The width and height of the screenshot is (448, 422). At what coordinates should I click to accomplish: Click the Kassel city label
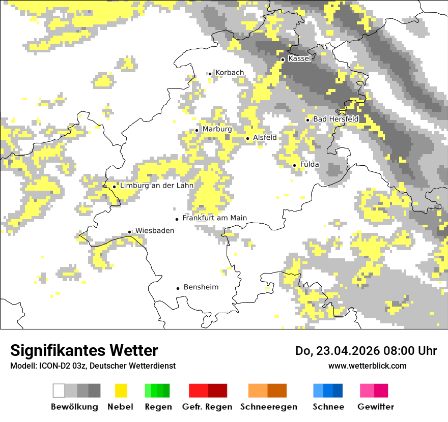tap(299, 58)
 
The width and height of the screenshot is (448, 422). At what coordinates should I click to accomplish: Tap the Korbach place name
tap(230, 73)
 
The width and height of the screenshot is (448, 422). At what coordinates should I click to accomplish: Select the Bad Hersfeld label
tap(335, 119)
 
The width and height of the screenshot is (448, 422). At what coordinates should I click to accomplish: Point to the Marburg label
tap(217, 129)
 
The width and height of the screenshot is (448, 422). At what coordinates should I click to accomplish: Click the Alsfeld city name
tap(265, 137)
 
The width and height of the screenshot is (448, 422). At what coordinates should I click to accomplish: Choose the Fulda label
tap(310, 164)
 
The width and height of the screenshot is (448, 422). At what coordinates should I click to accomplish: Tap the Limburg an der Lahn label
tap(157, 186)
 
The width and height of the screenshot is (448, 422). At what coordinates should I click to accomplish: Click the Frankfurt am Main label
tap(214, 218)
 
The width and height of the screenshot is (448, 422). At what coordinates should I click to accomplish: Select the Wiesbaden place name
tap(155, 231)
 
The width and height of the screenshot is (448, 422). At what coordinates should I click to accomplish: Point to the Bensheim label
tap(201, 287)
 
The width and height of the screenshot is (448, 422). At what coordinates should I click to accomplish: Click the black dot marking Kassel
tap(283, 59)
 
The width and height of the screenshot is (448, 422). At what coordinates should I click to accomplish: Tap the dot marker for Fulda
tap(294, 165)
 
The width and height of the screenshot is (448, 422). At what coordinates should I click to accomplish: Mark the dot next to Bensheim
tap(178, 288)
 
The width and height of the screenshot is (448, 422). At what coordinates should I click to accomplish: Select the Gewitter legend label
tap(376, 407)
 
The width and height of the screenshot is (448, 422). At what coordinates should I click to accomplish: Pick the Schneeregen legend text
tap(269, 407)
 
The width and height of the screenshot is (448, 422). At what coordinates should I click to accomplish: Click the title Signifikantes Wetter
tap(84, 350)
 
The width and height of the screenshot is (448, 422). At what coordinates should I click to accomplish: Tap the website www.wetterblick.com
tap(367, 366)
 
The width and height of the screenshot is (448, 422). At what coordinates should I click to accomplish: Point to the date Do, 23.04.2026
tap(336, 351)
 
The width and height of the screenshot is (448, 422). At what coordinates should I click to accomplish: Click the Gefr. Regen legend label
tap(207, 407)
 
